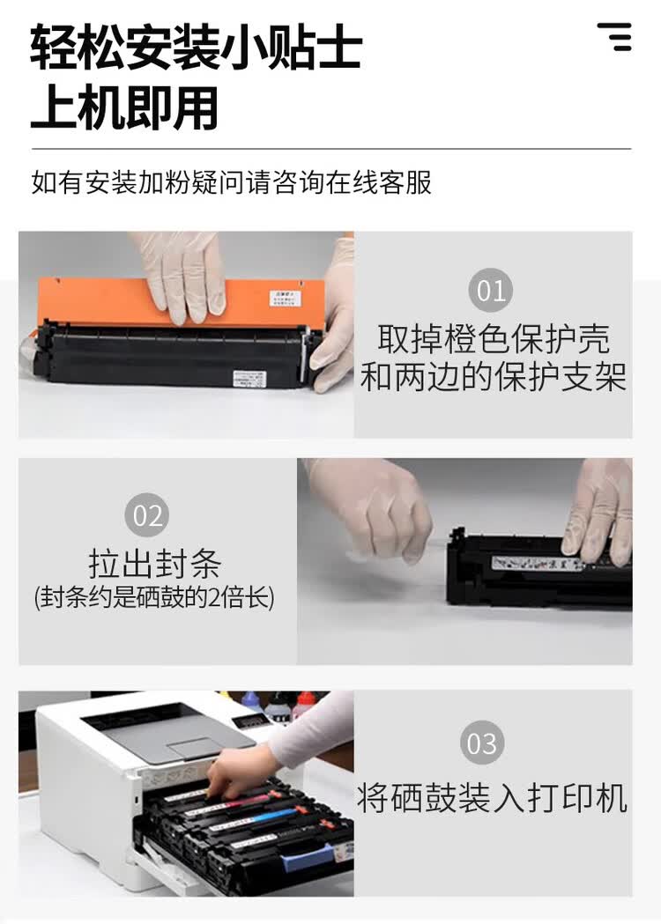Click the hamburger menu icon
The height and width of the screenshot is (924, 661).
tap(614, 37)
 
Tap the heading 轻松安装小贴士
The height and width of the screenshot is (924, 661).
tap(196, 48)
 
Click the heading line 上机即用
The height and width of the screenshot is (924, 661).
tap(124, 108)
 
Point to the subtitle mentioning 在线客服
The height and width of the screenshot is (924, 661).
tap(231, 182)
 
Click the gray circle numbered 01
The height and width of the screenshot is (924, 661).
tap(492, 290)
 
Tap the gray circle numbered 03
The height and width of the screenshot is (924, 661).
tap(482, 743)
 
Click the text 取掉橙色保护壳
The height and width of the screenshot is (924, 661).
tap(493, 339)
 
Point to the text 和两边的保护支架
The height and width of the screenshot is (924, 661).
tap(493, 377)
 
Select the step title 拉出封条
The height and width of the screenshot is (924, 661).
tap(154, 563)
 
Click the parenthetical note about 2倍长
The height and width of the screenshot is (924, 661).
tap(154, 598)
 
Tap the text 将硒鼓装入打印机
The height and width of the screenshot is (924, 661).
tap(492, 798)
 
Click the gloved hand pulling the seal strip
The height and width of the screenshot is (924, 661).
tap(375, 506)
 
